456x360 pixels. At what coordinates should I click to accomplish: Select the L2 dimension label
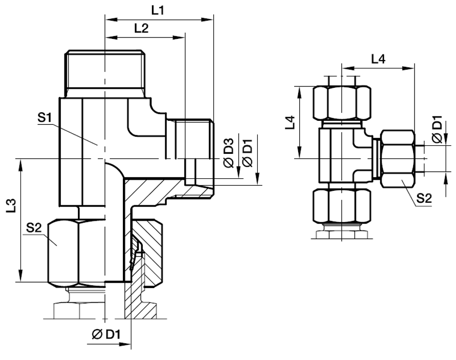point(141,29)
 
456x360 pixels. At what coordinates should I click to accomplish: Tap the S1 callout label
point(45,119)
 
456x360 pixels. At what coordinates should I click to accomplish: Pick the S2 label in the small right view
point(424,198)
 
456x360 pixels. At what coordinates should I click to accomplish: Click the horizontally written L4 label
point(378,58)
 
